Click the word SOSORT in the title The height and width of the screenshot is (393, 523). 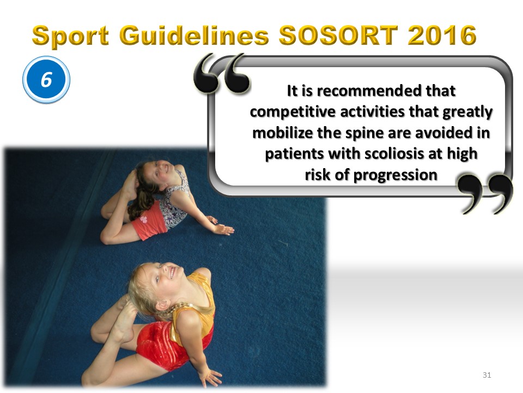click(338, 35)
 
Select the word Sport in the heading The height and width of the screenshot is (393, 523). click(70, 36)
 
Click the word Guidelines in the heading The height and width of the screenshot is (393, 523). click(194, 35)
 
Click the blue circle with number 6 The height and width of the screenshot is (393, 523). click(46, 80)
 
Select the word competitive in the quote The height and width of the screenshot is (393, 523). click(293, 112)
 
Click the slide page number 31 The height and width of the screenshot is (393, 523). click(486, 375)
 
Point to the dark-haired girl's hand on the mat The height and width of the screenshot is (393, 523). click(223, 229)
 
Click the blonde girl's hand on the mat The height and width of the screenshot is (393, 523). click(210, 377)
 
